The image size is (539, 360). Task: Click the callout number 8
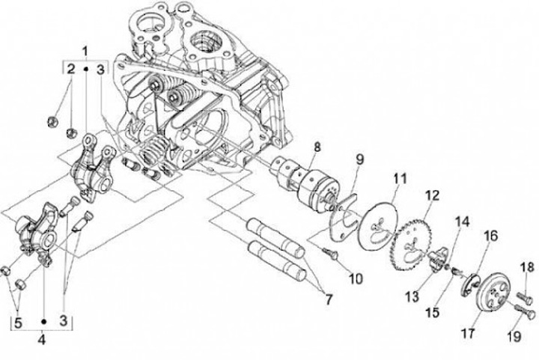pyautogui.click(x=317, y=147)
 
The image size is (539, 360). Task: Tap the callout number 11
pyautogui.click(x=400, y=179)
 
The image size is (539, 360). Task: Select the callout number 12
pyautogui.click(x=432, y=195)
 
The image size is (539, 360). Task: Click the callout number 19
pyautogui.click(x=514, y=337)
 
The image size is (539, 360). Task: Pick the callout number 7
pyautogui.click(x=329, y=299)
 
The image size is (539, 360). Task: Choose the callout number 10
pyautogui.click(x=356, y=278)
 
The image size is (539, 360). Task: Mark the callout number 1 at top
pyautogui.click(x=85, y=52)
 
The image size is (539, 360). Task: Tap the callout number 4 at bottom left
pyautogui.click(x=42, y=340)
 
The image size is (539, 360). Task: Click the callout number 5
pyautogui.click(x=18, y=323)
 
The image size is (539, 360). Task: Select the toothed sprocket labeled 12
pyautogui.click(x=412, y=245)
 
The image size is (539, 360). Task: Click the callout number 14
pyautogui.click(x=463, y=222)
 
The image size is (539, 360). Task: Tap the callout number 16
pyautogui.click(x=491, y=236)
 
